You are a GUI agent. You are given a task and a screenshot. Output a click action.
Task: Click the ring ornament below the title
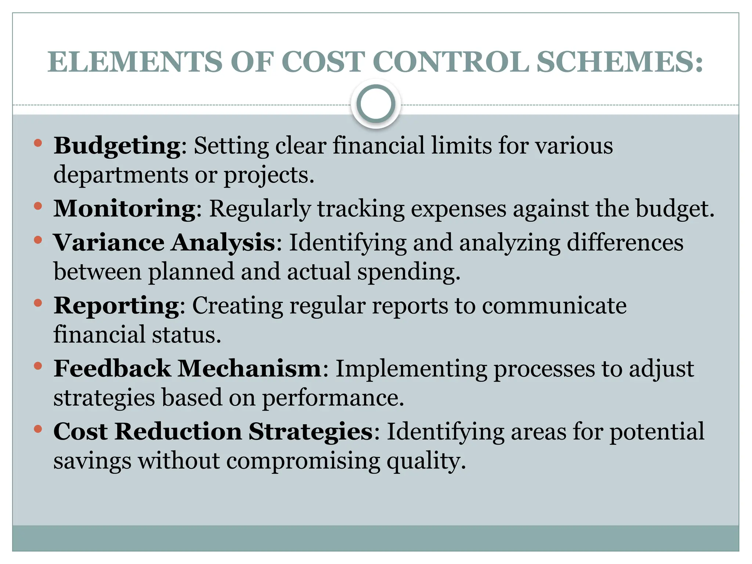376,104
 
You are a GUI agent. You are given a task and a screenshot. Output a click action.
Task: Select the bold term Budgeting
117,146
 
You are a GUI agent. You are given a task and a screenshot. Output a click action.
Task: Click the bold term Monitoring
124,209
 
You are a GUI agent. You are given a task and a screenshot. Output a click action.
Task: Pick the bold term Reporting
116,305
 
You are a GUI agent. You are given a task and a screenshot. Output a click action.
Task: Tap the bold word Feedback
112,368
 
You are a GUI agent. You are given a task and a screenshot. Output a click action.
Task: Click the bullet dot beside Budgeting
38,143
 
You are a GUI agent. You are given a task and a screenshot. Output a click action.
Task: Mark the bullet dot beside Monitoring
38,206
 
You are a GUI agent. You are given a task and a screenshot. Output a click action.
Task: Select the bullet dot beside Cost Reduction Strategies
38,428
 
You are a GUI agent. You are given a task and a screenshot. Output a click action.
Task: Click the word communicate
554,305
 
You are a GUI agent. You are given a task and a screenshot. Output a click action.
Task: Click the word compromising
303,462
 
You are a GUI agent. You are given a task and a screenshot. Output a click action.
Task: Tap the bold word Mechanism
250,368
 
